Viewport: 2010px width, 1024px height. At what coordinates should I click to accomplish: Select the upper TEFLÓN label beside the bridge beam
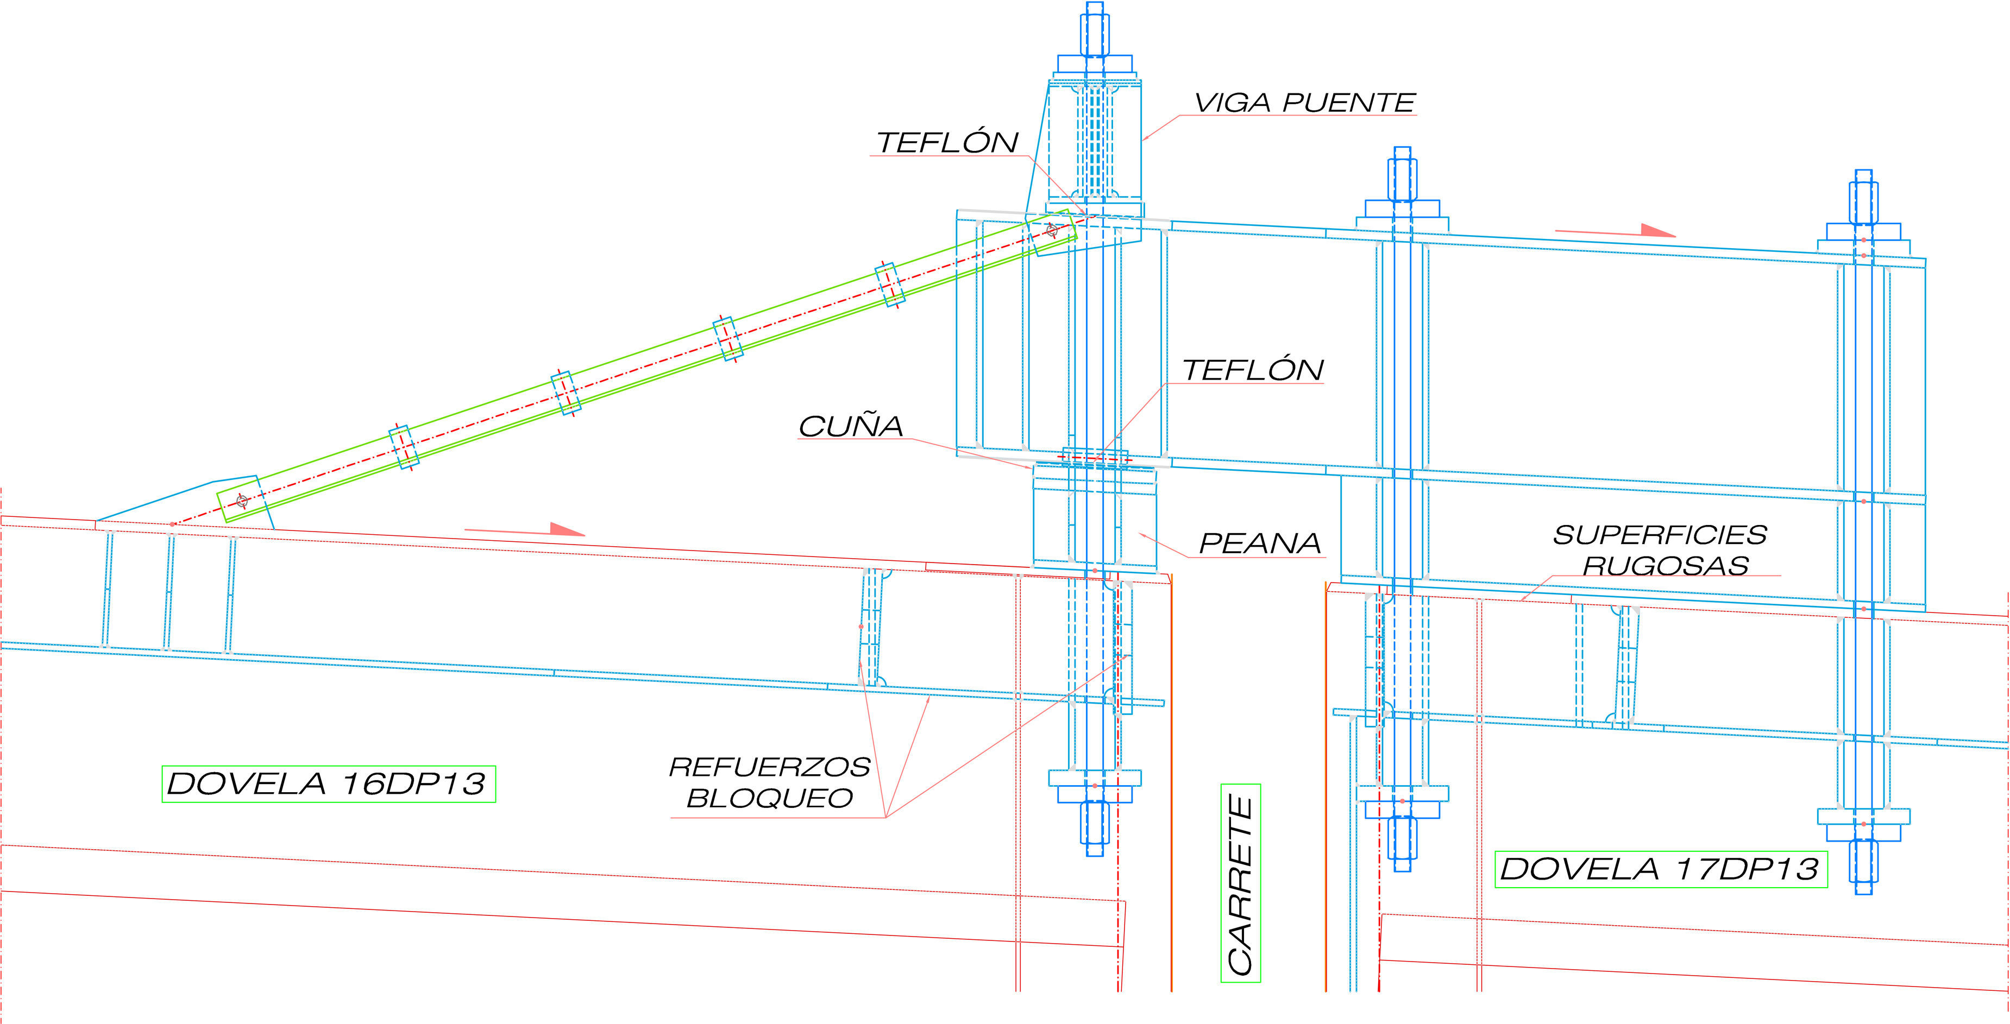click(x=947, y=143)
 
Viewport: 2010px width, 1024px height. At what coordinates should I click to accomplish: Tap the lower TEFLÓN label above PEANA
click(x=1253, y=370)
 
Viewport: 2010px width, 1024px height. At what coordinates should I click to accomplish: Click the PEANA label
click(x=1259, y=543)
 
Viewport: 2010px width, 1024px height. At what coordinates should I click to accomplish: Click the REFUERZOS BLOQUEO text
click(x=769, y=782)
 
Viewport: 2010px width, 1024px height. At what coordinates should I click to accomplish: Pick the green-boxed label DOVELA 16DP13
click(x=328, y=784)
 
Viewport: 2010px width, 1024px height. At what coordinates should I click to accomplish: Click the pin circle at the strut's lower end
click(x=242, y=501)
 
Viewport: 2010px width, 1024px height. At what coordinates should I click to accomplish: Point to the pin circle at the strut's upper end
click(x=1052, y=229)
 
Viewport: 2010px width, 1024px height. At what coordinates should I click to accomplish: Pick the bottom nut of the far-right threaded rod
click(x=1863, y=859)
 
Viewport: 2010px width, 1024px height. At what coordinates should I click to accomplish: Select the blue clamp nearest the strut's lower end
click(x=404, y=447)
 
